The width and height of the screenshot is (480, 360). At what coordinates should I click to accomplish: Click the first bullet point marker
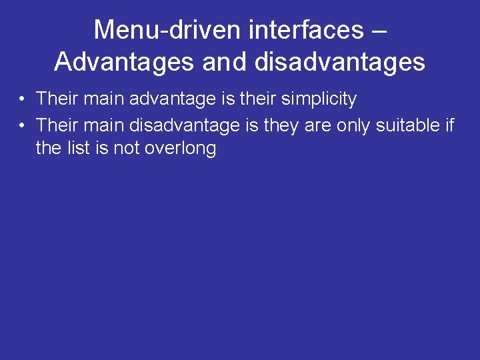coord(22,100)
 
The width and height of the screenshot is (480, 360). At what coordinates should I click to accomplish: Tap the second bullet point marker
coord(22,125)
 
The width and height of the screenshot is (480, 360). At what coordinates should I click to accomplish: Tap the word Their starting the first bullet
coord(57,99)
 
